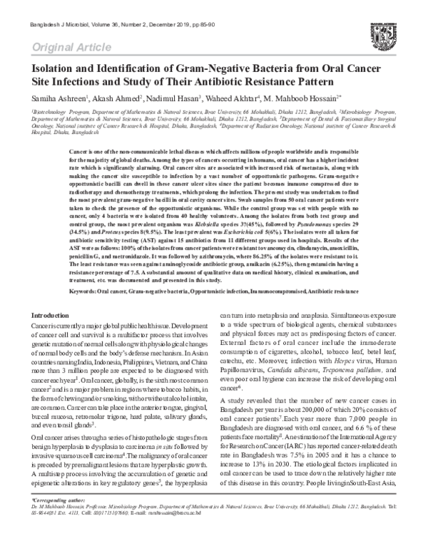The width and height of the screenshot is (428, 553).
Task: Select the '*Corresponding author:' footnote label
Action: coord(53,521)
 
